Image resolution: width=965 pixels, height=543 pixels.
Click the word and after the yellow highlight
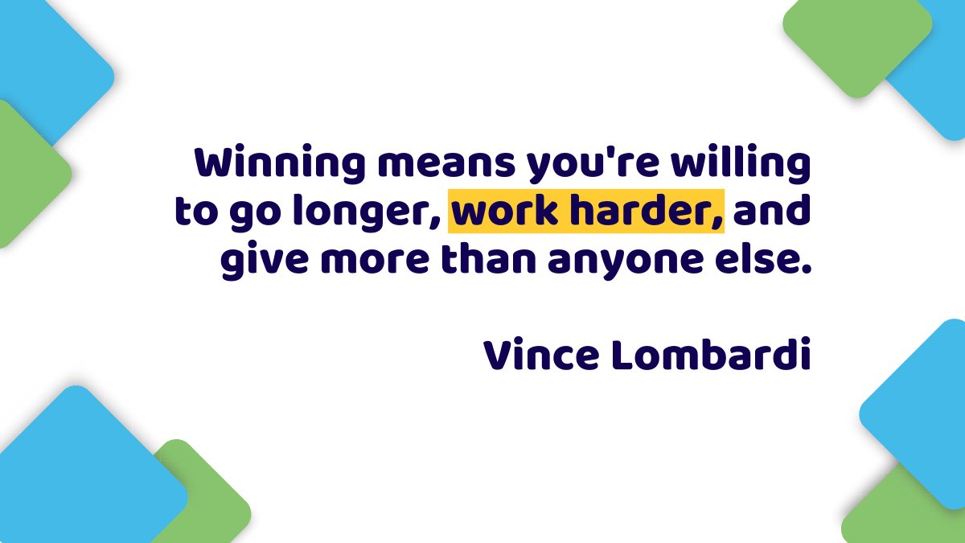771,213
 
